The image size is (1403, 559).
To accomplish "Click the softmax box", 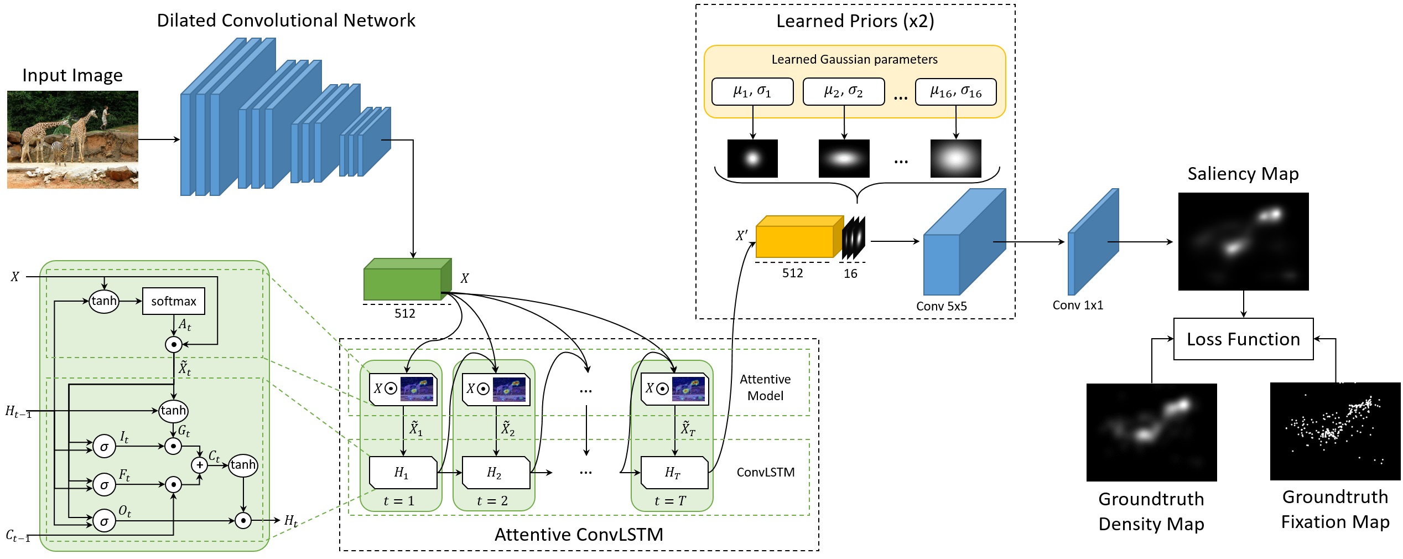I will tap(173, 301).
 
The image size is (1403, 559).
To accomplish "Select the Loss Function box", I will tap(1243, 339).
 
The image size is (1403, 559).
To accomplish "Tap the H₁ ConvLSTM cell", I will tap(403, 473).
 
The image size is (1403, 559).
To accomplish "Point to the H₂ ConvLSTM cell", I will tap(496, 473).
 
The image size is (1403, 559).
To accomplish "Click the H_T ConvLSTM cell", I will tap(674, 473).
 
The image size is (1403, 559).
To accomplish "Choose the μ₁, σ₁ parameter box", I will tap(752, 91).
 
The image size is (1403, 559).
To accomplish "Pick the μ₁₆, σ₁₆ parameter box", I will tap(955, 91).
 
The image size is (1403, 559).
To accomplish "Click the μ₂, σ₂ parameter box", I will tap(843, 91).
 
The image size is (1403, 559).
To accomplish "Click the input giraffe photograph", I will tap(72, 139).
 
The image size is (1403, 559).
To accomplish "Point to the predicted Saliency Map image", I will tap(1243, 241).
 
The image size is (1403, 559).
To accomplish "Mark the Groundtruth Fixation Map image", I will tap(1335, 431).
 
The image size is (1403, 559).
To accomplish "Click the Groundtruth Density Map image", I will tap(1151, 432).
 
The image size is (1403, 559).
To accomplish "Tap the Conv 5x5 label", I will tap(941, 306).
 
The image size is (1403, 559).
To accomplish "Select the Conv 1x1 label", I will tap(1077, 305).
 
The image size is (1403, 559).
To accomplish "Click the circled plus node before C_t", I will tap(199, 465).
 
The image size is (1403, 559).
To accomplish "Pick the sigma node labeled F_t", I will tap(104, 485).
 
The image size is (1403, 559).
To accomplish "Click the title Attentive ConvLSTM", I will tap(579, 535).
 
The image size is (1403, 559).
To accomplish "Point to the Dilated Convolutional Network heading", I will tap(286, 20).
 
